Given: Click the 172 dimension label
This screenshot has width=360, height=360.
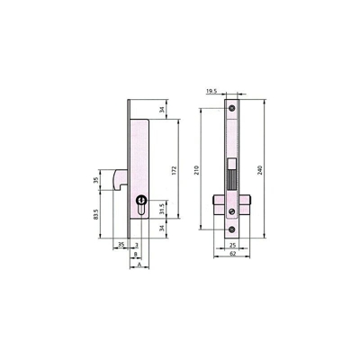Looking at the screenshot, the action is click(x=175, y=170).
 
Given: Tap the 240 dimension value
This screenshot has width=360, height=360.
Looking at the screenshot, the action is click(x=260, y=170).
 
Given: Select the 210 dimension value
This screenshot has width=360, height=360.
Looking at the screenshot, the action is click(x=197, y=170).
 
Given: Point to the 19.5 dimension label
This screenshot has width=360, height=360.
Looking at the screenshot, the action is click(x=211, y=91).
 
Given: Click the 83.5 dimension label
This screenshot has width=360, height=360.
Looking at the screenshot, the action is click(x=96, y=214).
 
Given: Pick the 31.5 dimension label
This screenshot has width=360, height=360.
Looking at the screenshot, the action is click(x=162, y=209).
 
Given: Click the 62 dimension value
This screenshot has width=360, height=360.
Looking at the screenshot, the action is click(x=233, y=254).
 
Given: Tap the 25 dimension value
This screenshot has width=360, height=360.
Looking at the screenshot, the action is click(x=232, y=246).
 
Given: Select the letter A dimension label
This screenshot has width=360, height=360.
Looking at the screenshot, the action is click(x=139, y=265).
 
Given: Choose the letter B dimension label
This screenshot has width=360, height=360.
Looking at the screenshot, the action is click(x=136, y=254).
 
